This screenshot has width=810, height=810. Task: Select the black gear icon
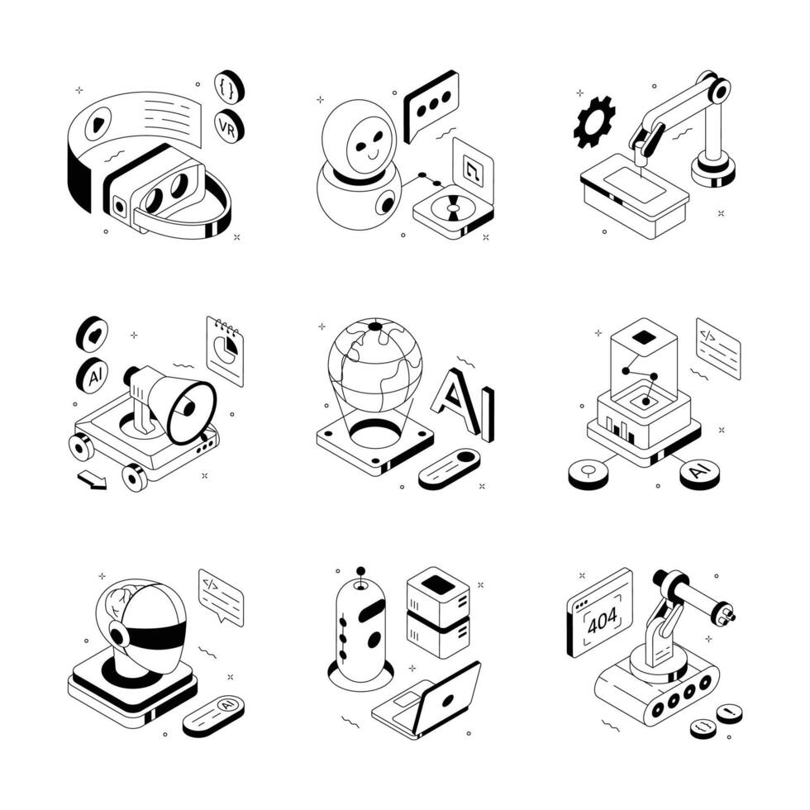point(594,121)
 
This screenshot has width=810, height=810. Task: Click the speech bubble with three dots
point(431,103)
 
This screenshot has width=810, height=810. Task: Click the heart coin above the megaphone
point(92,333)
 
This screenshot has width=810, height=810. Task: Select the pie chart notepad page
point(226,350)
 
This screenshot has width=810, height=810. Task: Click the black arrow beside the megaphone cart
point(92,480)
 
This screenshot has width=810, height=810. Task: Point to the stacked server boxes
point(438,612)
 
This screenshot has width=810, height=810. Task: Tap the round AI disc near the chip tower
point(699,474)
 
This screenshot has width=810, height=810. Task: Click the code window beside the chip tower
point(717,348)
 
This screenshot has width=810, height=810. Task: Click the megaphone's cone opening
point(192,410)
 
